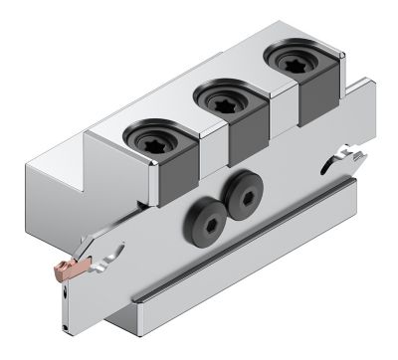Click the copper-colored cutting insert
(73, 266)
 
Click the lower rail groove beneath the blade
(249, 248)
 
